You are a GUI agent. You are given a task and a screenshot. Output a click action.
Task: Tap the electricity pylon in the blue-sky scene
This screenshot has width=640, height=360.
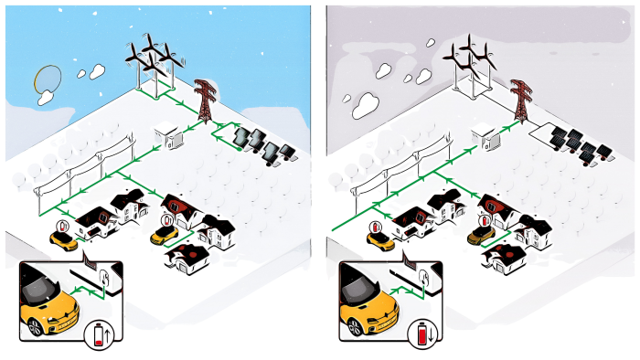202,100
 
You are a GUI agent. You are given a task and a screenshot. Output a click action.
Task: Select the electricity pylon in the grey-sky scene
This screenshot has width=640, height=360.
521,100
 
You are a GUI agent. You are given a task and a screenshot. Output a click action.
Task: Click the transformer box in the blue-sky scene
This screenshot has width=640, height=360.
170,137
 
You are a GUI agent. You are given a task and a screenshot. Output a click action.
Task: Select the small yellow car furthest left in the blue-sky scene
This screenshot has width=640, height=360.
64,240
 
